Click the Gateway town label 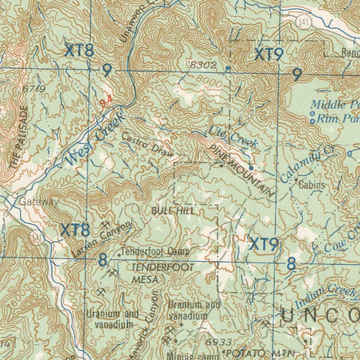tap(39, 202)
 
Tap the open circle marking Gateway tap(15, 195)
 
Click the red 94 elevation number tap(105, 102)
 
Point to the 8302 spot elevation tap(202, 65)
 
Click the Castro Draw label tap(147, 145)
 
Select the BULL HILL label tap(173, 211)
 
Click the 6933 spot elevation tap(218, 342)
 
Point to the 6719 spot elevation tap(33, 89)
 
